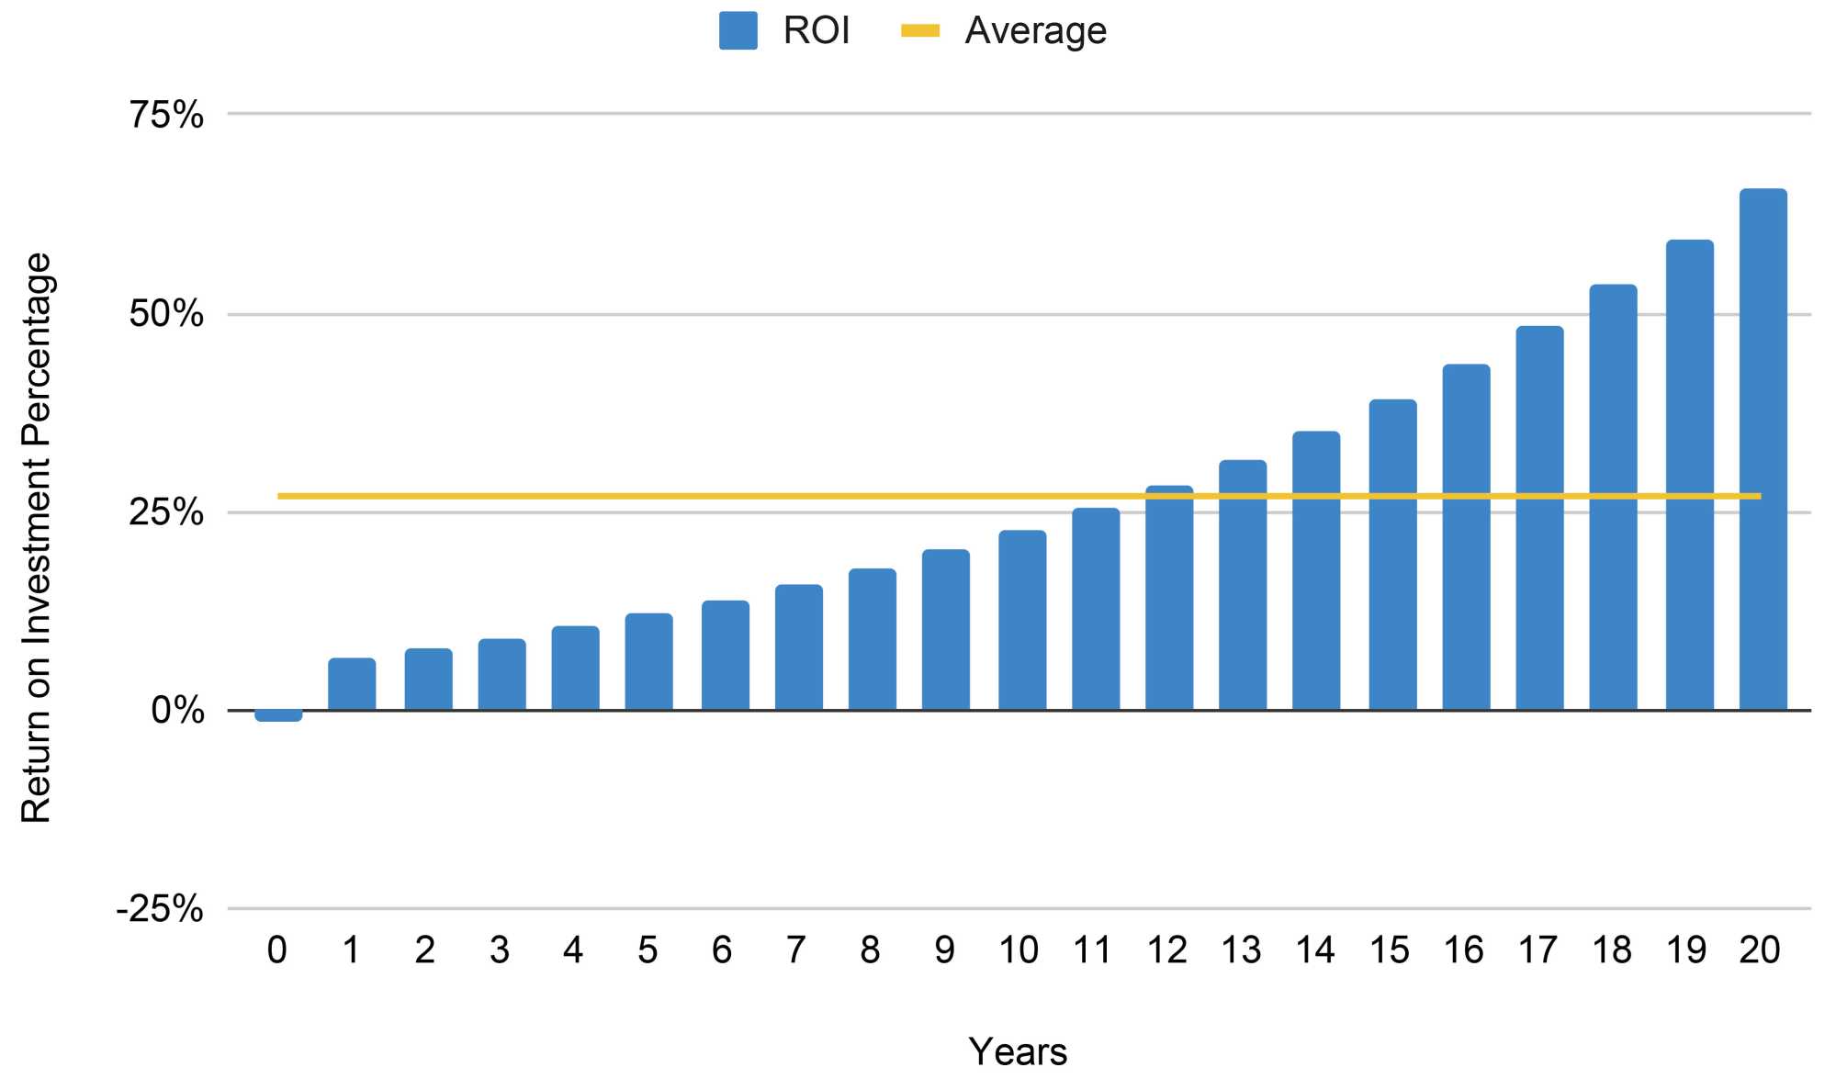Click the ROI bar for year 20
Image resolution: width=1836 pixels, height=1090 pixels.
pyautogui.click(x=1763, y=450)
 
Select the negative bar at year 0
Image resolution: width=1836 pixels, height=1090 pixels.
pyautogui.click(x=278, y=715)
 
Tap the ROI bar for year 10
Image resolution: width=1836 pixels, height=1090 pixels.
pyautogui.click(x=1022, y=621)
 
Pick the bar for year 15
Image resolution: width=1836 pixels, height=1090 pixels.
pyautogui.click(x=1392, y=556)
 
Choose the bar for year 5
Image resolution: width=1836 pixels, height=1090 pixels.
pyautogui.click(x=648, y=662)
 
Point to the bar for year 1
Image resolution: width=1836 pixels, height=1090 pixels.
pyautogui.click(x=352, y=684)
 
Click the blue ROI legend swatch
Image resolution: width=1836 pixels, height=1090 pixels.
pyautogui.click(x=738, y=30)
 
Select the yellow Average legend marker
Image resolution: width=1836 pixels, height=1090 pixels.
pyautogui.click(x=920, y=31)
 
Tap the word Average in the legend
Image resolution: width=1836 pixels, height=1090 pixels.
pyautogui.click(x=1035, y=31)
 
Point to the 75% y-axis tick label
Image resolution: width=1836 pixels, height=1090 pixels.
pyautogui.click(x=166, y=116)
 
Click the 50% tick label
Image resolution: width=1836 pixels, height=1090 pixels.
pyautogui.click(x=166, y=315)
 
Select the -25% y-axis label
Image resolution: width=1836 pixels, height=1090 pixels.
pyautogui.click(x=160, y=910)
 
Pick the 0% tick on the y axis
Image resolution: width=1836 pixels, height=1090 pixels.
pyautogui.click(x=177, y=711)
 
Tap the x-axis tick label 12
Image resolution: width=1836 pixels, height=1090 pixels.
pyautogui.click(x=1166, y=950)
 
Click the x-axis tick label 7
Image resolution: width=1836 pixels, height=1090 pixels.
pyautogui.click(x=795, y=950)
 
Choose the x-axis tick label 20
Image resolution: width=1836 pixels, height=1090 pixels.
pyautogui.click(x=1760, y=950)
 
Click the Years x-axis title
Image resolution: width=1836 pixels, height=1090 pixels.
pyautogui.click(x=1018, y=1052)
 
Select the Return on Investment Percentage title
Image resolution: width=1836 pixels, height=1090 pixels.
pyautogui.click(x=37, y=538)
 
